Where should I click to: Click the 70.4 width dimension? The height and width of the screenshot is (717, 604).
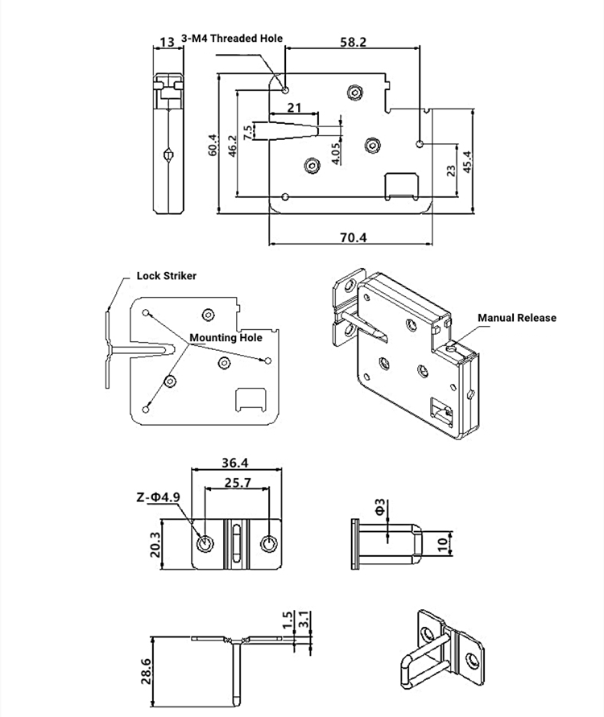coord(352,237)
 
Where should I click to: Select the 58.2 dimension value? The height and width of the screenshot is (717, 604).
coord(353,42)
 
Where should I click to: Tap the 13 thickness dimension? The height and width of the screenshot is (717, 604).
coord(168,42)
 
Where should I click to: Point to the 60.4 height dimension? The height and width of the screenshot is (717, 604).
coord(213,145)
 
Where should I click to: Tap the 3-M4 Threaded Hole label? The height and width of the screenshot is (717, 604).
coord(232,38)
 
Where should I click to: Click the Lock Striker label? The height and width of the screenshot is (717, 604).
coord(166,275)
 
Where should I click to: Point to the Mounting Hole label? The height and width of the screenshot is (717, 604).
coord(225,338)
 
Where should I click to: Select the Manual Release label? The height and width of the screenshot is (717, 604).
coord(516,318)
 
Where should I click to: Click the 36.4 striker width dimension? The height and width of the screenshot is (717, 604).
coord(234,463)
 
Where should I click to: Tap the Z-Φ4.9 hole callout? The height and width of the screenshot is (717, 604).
coord(158,497)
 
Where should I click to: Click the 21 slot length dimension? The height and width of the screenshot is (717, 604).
coord(294,107)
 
